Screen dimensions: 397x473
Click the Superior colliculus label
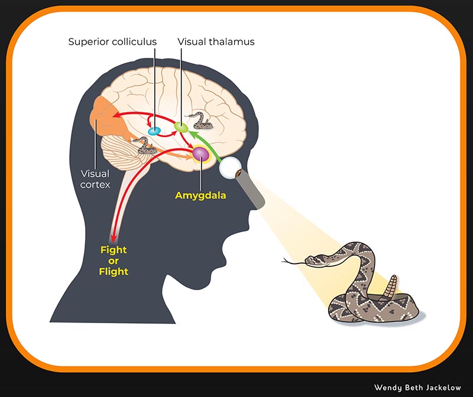click(x=113, y=42)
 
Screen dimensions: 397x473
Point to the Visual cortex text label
click(x=95, y=180)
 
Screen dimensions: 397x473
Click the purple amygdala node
click(x=201, y=155)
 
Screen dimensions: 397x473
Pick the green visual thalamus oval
click(x=181, y=127)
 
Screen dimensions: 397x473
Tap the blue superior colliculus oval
click(x=154, y=131)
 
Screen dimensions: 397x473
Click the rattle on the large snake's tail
click(x=390, y=288)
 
